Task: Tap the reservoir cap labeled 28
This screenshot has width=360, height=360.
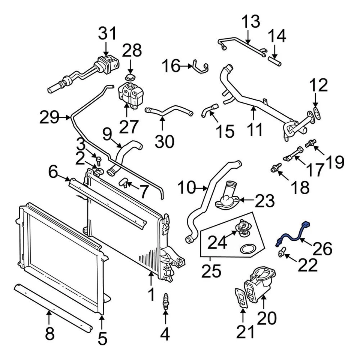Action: tap(130, 77)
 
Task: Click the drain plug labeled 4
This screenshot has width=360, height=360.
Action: tap(165, 301)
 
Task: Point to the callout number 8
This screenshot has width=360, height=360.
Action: tap(49, 333)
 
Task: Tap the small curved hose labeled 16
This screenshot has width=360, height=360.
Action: tap(200, 66)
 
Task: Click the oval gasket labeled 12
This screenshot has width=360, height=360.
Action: tap(316, 112)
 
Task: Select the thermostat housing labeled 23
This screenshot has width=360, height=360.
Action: tap(228, 198)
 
